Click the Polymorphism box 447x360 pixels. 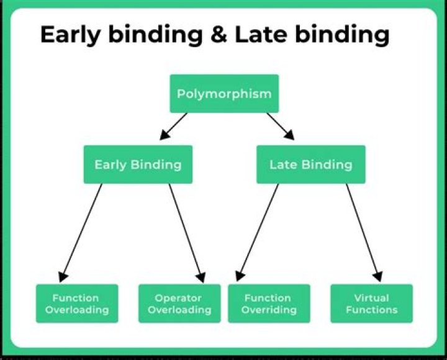pos(224,94)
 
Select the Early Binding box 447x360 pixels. pos(138,164)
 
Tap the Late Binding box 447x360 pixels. pos(311,164)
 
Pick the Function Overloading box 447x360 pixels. pos(77,304)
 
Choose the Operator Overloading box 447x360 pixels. pos(179,304)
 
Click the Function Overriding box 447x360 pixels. pos(269,304)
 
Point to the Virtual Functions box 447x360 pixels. pos(371,304)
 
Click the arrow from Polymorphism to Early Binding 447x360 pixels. pos(174,126)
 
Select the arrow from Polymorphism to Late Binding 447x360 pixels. pos(281,126)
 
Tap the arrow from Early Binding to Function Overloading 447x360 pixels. pos(80,233)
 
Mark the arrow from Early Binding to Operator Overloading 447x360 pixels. pos(187,233)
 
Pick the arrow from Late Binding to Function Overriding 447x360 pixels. pos(257,233)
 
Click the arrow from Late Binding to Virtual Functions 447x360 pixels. pos(364,233)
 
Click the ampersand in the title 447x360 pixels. pos(219,34)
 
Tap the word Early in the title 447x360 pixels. pos(70,35)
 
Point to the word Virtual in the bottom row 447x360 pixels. pos(371,298)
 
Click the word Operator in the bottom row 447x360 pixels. pos(178,299)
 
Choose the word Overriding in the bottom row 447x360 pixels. pos(269,310)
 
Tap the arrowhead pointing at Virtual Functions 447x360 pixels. pos(378,276)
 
